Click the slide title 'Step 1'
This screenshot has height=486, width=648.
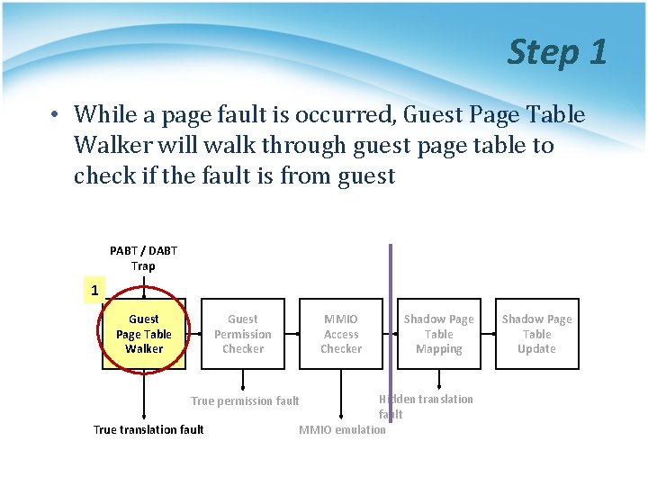point(557,51)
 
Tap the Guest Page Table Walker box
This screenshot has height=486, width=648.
point(144,334)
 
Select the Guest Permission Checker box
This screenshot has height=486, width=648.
point(242,334)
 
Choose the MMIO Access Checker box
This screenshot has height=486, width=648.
point(341,334)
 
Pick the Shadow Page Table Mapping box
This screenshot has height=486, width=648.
point(439,334)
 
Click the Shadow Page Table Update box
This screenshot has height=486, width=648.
point(536,334)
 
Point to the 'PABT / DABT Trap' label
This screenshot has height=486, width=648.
point(143,257)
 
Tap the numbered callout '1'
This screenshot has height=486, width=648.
point(94,290)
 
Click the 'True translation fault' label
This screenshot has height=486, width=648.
point(148,429)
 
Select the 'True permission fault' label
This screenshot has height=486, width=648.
point(245,400)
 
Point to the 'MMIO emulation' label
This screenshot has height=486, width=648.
point(342,429)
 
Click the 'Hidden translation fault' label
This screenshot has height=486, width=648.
point(425,406)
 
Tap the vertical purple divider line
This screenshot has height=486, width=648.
point(391,270)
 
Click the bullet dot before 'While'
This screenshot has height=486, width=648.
point(55,116)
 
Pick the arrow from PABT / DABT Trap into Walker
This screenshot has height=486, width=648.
point(144,286)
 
